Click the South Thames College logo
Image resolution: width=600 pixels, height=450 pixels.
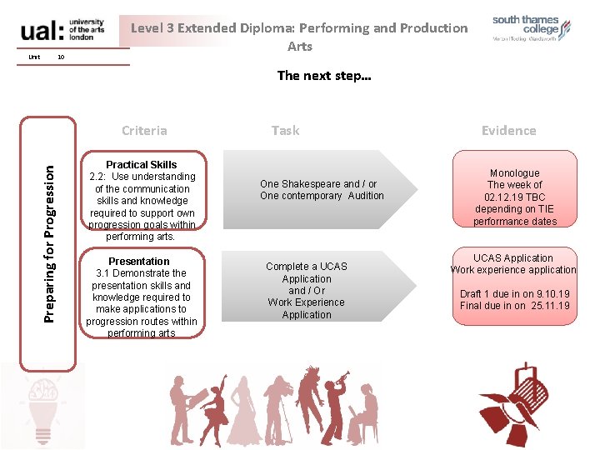[x=531, y=29]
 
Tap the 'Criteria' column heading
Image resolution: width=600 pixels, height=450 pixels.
[x=144, y=130]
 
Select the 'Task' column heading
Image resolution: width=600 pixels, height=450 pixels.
[x=285, y=130]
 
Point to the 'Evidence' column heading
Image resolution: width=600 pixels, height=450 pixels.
[x=508, y=130]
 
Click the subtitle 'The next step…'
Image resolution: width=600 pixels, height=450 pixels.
[x=324, y=75]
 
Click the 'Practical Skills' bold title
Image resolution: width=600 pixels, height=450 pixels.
[x=141, y=164]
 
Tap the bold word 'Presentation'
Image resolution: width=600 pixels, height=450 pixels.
[x=139, y=261]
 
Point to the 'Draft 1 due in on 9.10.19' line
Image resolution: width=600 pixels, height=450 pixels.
[x=514, y=294]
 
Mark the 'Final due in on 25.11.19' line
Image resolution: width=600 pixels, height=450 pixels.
[x=514, y=306]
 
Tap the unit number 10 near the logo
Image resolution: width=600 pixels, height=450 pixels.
[x=61, y=57]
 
